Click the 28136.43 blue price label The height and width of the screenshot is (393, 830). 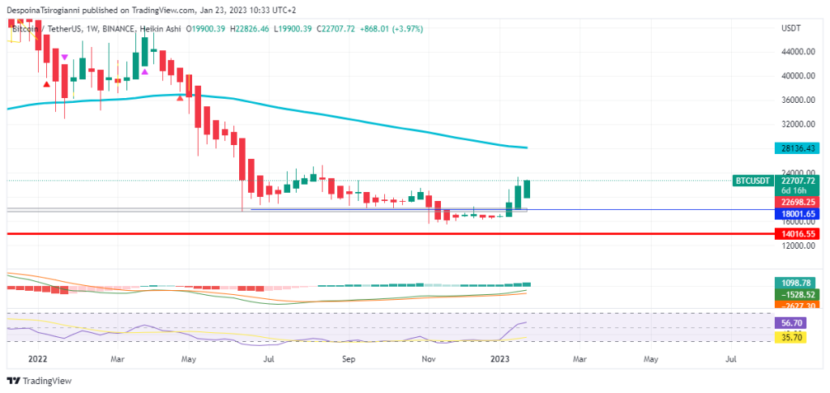798,148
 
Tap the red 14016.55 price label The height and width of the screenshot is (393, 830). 798,233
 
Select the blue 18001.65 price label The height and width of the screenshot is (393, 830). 798,213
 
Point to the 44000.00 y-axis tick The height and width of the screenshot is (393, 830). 798,52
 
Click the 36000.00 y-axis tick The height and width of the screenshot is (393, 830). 798,100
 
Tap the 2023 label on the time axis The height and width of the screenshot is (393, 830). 498,357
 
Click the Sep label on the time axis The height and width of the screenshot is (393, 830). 349,357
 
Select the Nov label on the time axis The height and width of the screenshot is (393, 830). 430,357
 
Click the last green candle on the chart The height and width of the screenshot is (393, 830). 527,189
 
